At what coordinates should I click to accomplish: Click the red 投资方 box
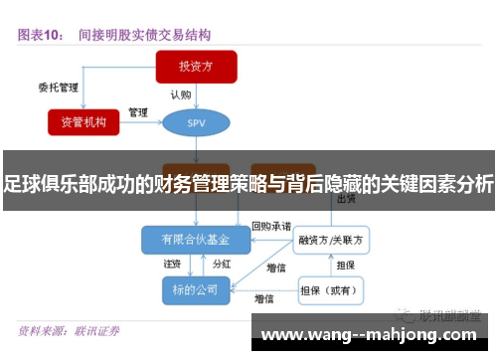[196, 67]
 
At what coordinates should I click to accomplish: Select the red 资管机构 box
[90, 121]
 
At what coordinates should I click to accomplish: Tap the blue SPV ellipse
[196, 122]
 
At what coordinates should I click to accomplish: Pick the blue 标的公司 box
[196, 289]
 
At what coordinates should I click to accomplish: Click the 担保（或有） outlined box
[332, 290]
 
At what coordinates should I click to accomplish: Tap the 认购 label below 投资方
[180, 95]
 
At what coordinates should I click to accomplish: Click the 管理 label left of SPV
[138, 111]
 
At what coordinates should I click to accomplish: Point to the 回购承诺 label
[270, 226]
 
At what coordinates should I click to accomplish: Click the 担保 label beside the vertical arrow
[346, 266]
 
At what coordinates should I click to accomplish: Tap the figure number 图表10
[40, 34]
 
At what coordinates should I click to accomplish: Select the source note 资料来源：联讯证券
[70, 330]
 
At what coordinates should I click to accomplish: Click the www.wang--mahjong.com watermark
[373, 334]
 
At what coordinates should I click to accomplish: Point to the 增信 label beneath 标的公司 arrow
[264, 298]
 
